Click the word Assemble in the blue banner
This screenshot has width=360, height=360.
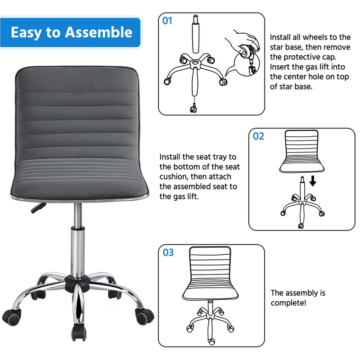coord(99,32)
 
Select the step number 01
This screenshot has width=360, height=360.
coord(167,21)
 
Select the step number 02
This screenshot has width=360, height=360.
coord(258,136)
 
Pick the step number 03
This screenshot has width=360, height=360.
coord(168,252)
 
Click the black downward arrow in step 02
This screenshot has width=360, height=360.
coord(313,181)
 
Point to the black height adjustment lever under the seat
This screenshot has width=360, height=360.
coord(38,207)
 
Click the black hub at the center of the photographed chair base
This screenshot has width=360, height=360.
coord(77,284)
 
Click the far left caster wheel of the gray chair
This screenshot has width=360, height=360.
coord(12,317)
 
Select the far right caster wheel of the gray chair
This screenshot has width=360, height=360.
coord(144,316)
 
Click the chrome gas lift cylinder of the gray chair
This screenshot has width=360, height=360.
coord(77,250)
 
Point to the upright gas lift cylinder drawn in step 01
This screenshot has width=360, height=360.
coord(195,34)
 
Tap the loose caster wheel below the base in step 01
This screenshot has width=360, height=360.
coord(193,108)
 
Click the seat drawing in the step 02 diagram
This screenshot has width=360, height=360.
coord(301,151)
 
